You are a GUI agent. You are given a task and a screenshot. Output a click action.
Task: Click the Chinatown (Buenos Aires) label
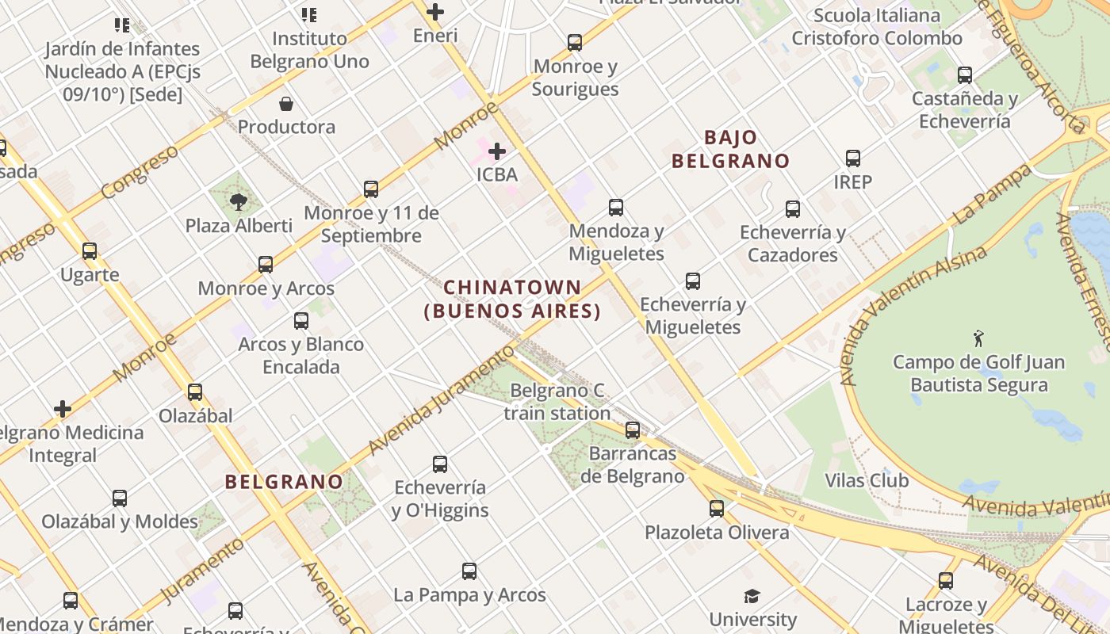pos(512,299)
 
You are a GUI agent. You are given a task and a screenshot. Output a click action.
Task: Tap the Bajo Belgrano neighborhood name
pos(730,149)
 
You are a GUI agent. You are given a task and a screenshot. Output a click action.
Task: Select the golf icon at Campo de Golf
pos(978,338)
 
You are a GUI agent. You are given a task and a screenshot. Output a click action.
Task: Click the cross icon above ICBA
pos(497,151)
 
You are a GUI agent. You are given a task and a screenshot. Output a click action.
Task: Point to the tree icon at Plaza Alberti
pos(239,202)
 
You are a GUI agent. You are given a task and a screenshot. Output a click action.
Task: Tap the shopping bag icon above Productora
pos(286,104)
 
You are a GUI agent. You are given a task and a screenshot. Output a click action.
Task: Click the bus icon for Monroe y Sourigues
pos(575,43)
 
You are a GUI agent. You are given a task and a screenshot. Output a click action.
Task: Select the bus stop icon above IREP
pos(853,158)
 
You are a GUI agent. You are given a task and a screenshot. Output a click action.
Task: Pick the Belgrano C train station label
pos(557,402)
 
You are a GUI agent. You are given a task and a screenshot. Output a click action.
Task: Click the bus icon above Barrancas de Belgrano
pos(633,430)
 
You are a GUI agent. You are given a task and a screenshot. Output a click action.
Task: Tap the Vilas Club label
pos(867,480)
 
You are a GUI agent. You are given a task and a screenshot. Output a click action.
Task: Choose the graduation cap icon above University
pos(752,596)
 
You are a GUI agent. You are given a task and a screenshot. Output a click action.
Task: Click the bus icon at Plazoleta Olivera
pos(717,509)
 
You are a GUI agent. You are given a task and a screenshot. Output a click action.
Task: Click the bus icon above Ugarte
pos(90,252)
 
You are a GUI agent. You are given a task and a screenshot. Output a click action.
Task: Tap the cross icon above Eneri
pos(435,12)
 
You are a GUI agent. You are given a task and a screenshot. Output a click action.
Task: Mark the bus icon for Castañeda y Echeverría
pos(965,76)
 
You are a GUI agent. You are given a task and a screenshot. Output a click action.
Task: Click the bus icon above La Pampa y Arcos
pos(469,571)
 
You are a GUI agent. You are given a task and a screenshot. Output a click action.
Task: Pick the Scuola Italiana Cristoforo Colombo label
pos(877,26)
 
